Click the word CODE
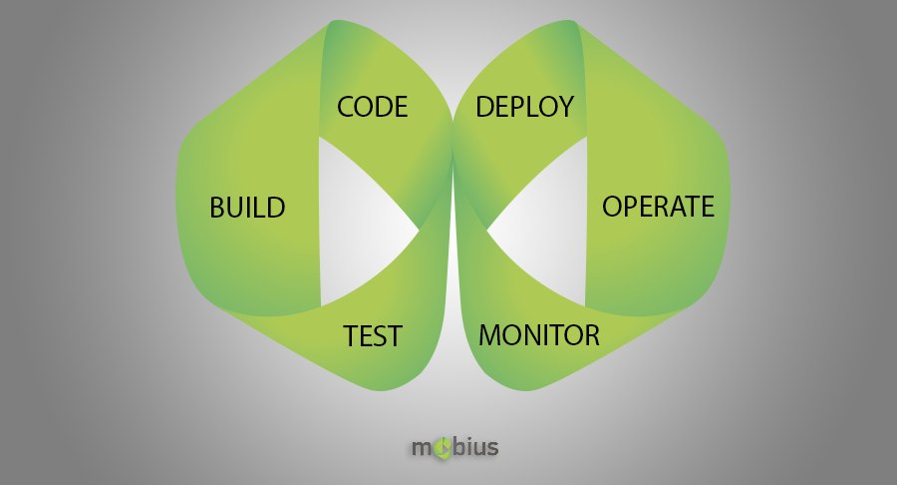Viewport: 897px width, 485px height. coord(373,107)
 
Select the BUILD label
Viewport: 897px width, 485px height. coord(247,208)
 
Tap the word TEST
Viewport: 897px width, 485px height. coord(373,335)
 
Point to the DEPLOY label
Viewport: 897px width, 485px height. coord(524,107)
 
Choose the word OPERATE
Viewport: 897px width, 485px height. coord(658,207)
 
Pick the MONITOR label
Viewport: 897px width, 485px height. coord(539,335)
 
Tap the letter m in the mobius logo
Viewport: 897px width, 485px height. coord(423,448)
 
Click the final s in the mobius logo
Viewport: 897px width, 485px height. coord(492,448)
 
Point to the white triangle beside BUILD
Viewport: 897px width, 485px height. coord(355,224)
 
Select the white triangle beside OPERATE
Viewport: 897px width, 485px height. coord(549,224)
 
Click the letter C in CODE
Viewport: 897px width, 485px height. coord(346,107)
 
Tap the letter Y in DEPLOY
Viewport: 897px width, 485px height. coord(565,107)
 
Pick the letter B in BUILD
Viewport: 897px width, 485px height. coord(217,208)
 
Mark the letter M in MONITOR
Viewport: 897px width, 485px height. coord(489,335)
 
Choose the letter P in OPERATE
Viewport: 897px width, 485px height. coord(633,207)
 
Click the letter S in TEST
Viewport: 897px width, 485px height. coord(378,336)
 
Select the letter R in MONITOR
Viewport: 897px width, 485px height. coord(591,335)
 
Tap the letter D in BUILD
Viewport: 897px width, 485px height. coord(276,208)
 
